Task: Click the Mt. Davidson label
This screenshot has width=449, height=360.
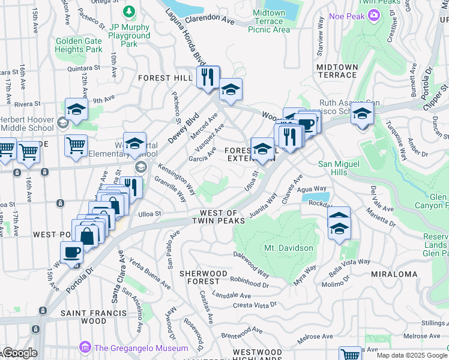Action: tap(288, 248)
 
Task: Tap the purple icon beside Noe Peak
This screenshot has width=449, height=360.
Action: tap(373, 16)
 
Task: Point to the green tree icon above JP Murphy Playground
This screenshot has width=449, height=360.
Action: tap(128, 11)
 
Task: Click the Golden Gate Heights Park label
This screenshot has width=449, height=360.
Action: tap(79, 45)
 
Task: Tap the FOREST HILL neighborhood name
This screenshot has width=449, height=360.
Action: tap(164, 78)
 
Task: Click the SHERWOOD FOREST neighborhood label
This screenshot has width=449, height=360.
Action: tap(203, 277)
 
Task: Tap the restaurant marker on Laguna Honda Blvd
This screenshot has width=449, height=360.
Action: tap(208, 77)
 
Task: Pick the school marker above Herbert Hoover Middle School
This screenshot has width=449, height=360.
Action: tap(76, 110)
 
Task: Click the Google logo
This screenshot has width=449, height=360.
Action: tap(19, 353)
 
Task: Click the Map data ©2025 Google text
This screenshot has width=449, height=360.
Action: tap(411, 355)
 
